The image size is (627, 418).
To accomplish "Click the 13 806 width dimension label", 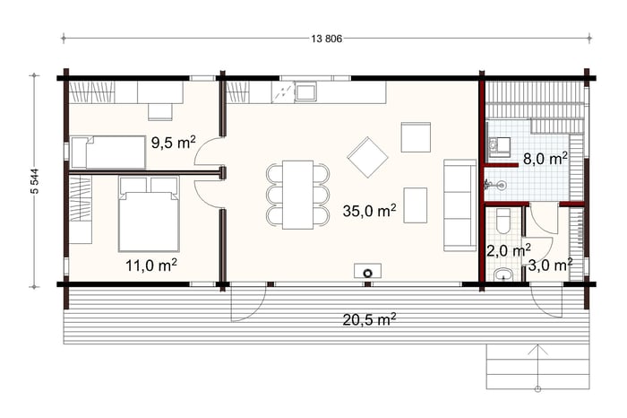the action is click(x=326, y=39).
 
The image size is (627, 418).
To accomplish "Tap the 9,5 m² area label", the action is click(x=174, y=143).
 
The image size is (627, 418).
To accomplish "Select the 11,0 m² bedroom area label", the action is click(x=151, y=265).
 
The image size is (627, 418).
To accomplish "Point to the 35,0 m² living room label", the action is click(x=369, y=211).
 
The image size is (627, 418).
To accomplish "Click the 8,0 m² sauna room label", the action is click(x=545, y=159).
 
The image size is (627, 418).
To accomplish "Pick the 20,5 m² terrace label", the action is click(x=369, y=319).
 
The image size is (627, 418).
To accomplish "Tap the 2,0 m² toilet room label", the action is click(x=509, y=250).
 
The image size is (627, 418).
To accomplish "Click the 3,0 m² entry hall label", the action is click(x=550, y=265).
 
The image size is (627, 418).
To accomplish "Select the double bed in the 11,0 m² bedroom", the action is click(x=149, y=214).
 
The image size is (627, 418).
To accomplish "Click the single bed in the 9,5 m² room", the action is click(x=108, y=152).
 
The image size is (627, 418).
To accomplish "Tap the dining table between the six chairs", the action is click(x=297, y=195).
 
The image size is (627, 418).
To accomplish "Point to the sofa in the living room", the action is click(x=460, y=205).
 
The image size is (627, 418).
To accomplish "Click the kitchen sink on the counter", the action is click(x=306, y=91).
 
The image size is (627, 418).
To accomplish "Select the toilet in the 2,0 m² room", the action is click(x=503, y=221).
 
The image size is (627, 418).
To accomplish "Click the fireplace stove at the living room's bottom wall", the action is click(x=367, y=271).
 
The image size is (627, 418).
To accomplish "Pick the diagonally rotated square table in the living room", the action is click(x=367, y=157).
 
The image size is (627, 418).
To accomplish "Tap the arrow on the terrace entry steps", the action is click(x=537, y=367).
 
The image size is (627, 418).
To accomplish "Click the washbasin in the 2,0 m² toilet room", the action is click(x=503, y=275).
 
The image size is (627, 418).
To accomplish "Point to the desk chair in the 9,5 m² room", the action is click(x=160, y=112).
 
